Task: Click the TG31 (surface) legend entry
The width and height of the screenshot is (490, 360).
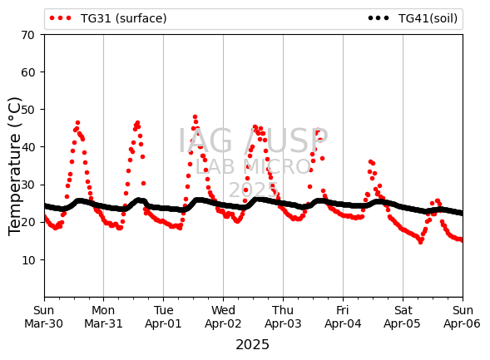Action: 108,18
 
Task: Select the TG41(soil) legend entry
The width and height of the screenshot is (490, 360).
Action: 413,18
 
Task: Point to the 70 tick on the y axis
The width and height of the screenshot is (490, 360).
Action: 27,35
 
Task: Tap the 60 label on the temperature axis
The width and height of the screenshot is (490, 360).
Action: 27,72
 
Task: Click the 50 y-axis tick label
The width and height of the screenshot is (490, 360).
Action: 27,110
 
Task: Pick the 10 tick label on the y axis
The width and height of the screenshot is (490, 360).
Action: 27,259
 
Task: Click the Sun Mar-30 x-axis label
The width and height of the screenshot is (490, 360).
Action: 44,317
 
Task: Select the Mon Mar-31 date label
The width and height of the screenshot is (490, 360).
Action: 103,317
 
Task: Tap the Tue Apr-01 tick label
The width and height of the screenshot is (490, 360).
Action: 163,317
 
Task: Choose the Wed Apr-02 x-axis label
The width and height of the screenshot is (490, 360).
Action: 223,317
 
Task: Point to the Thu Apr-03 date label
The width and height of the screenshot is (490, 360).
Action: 283,317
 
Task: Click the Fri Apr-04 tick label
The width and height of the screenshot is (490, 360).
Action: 343,317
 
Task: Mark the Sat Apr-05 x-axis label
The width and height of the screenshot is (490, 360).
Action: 403,317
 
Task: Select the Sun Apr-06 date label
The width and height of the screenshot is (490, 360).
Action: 463,317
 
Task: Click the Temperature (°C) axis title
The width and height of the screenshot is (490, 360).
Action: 15,166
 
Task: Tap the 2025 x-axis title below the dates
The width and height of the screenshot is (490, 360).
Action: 253,345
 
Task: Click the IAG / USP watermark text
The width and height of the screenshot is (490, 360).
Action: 253,141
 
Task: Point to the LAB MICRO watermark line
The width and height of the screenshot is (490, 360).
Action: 253,167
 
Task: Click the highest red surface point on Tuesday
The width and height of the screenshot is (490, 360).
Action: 195,117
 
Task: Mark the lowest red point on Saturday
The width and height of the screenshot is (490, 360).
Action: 421,242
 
